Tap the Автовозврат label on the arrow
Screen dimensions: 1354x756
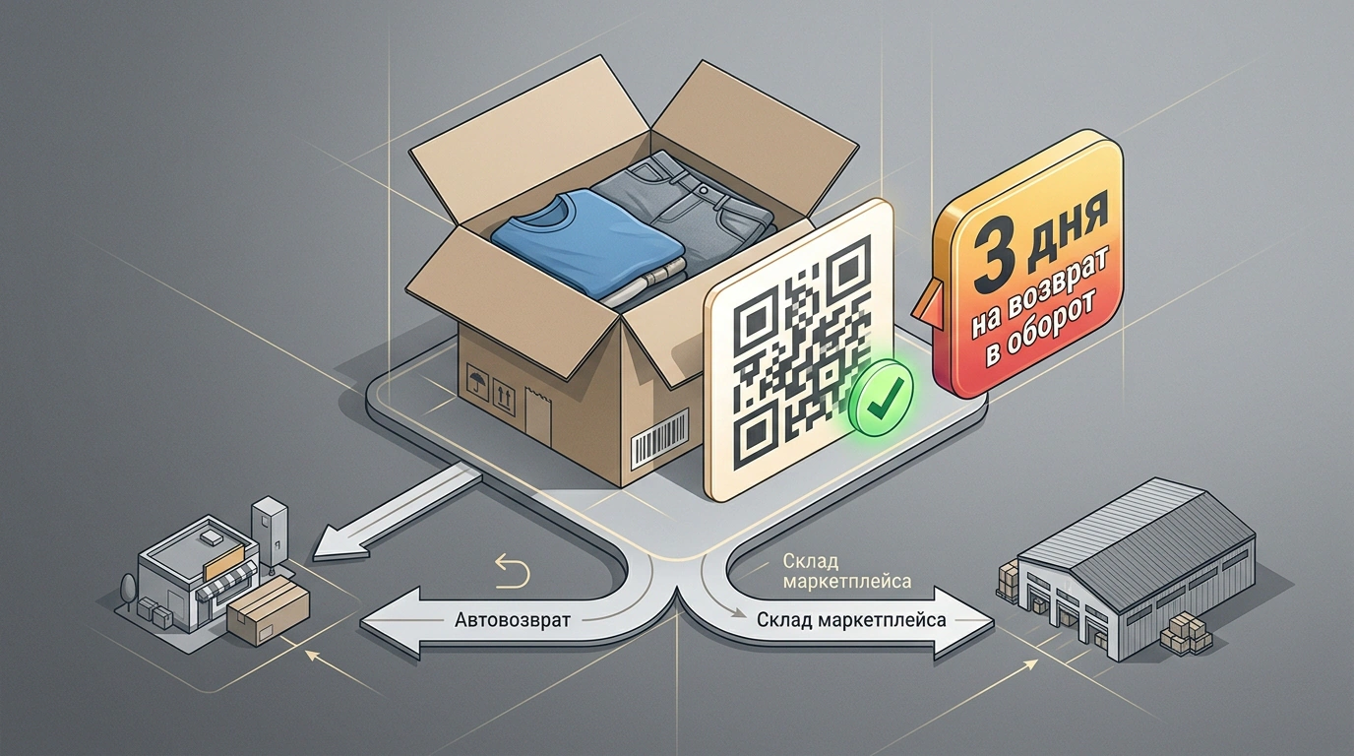pos(512,620)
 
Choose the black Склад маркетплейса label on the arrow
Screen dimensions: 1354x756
pos(851,620)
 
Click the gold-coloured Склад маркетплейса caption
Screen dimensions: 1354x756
pos(847,571)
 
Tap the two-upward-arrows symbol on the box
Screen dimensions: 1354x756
pos(504,397)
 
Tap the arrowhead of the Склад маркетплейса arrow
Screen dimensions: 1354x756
pos(963,621)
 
